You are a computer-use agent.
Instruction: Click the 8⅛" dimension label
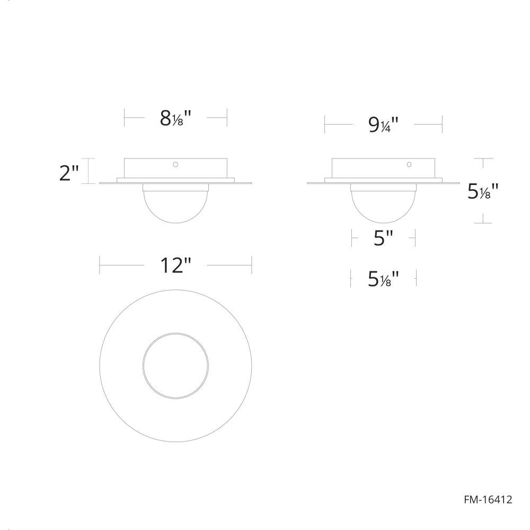(x=175, y=118)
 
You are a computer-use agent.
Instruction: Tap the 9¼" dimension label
(x=383, y=125)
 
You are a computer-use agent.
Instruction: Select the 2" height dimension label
(x=69, y=173)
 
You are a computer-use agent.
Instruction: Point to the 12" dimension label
(x=175, y=265)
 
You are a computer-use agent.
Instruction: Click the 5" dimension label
(x=384, y=238)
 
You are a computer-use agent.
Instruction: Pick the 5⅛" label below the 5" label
(x=383, y=279)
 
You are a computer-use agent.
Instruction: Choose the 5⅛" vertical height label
(x=483, y=191)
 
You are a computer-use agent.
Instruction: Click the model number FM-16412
(x=488, y=499)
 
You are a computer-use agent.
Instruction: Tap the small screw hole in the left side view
(x=175, y=164)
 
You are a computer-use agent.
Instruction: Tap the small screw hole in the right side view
(x=409, y=164)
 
